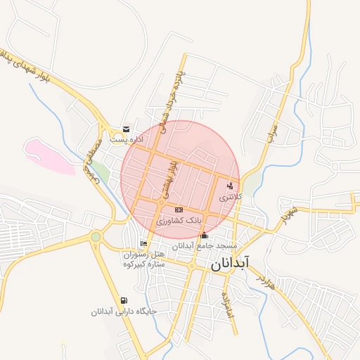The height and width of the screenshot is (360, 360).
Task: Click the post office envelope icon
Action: pos(126,129)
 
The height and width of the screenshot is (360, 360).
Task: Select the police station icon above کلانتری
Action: pos(230,186)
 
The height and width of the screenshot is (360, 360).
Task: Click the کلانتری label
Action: pos(230,198)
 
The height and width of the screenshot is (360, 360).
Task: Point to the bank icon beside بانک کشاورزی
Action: pos(178,210)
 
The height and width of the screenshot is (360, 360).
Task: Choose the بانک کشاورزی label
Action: pos(179,221)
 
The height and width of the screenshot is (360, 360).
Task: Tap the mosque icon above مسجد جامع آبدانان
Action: pos(205,236)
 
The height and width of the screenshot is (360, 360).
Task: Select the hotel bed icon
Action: pos(144,243)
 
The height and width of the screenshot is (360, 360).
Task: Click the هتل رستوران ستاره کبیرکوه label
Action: pos(143,259)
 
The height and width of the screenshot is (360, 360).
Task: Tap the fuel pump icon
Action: pos(124,300)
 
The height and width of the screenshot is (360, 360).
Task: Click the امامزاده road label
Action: pos(226,302)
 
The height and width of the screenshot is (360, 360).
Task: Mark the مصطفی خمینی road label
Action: pos(92,160)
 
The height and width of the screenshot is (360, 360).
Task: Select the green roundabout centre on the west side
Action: pos(96,237)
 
